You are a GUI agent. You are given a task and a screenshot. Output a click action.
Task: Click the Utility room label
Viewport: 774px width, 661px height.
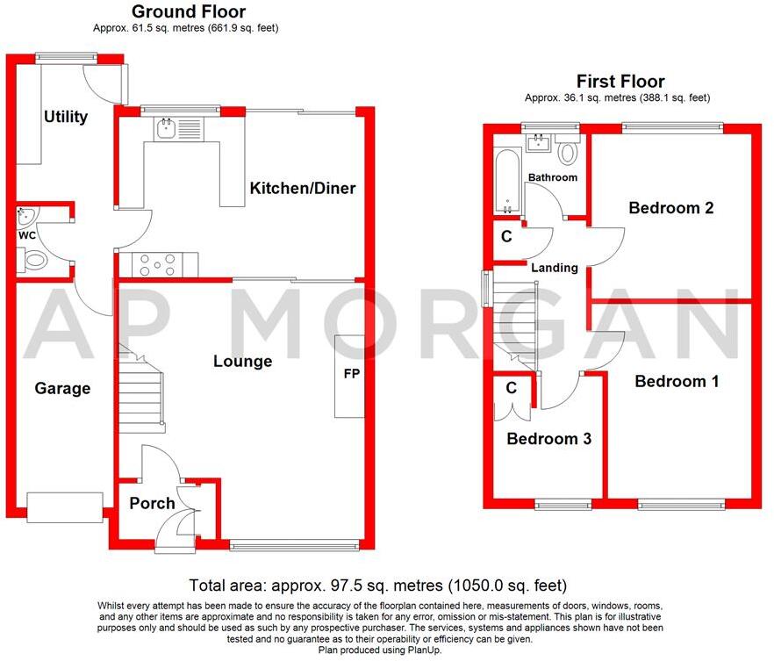tap(66, 117)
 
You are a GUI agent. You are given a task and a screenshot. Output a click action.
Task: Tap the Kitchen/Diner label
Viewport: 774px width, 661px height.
tap(302, 188)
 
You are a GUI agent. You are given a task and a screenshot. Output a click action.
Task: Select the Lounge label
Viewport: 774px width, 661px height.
tap(242, 361)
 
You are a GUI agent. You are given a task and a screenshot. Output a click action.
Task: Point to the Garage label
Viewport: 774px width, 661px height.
tap(62, 388)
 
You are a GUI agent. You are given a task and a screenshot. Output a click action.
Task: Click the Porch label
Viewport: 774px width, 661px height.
tap(152, 503)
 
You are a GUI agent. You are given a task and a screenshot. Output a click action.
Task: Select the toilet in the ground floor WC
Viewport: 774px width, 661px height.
tap(36, 260)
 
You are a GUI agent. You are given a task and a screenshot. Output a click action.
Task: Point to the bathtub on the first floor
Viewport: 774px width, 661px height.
tap(507, 182)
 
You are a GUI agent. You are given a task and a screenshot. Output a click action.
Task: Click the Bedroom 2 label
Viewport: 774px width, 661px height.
tap(670, 208)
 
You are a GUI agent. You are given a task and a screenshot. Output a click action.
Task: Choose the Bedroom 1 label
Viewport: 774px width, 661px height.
tap(677, 381)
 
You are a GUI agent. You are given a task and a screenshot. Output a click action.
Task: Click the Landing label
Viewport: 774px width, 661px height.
tap(554, 268)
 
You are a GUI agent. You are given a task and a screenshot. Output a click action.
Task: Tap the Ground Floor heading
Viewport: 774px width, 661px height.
tap(189, 11)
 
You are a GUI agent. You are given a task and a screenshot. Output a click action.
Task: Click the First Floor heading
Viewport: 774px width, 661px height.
tap(620, 82)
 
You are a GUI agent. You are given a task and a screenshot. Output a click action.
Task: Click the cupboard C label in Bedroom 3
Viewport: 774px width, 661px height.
tap(511, 387)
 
